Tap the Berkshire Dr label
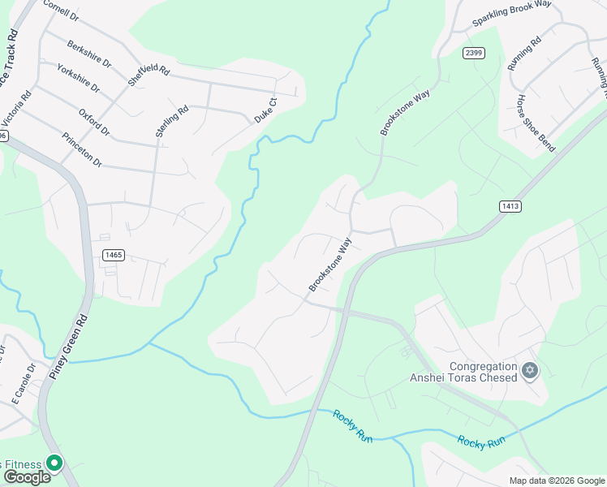[x=89, y=53]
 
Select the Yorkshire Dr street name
[x=79, y=76]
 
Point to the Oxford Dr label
[x=94, y=121]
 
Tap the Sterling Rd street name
[x=172, y=120]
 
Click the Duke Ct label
[x=266, y=110]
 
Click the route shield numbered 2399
[x=475, y=53]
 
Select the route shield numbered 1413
[x=510, y=206]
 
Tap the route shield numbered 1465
[x=114, y=255]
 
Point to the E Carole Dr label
[x=24, y=383]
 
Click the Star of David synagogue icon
[x=530, y=371]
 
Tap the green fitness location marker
[x=54, y=463]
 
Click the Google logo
[x=26, y=476]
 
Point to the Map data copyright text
[x=556, y=481]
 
